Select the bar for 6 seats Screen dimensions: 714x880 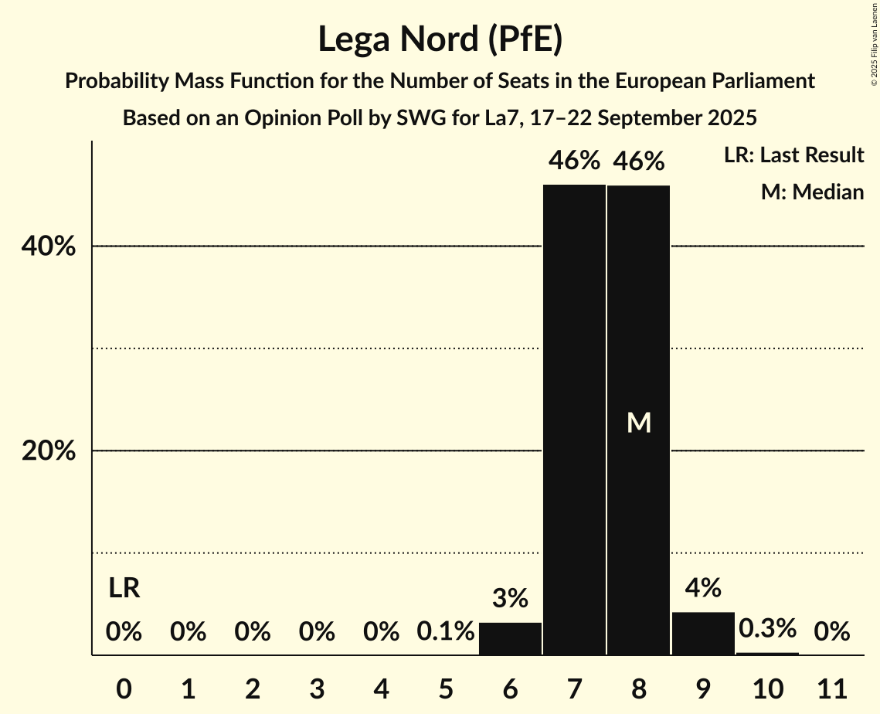point(510,639)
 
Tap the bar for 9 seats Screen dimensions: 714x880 point(703,634)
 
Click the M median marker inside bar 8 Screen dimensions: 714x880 point(639,423)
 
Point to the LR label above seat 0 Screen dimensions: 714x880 point(124,589)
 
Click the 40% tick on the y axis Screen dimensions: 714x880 point(48,246)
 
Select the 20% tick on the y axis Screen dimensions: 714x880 point(48,451)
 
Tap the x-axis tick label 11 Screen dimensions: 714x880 point(832,687)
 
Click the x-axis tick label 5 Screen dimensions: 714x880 point(446,687)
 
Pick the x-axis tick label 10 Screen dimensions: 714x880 point(767,687)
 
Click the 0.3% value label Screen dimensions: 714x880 point(767,628)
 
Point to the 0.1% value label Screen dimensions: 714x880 point(446,632)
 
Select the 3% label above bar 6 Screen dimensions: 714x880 point(510,598)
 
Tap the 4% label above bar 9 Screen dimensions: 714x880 point(703,588)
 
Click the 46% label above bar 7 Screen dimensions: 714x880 point(574,161)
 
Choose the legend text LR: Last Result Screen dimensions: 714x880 point(793,155)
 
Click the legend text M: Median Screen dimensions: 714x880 point(811,192)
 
